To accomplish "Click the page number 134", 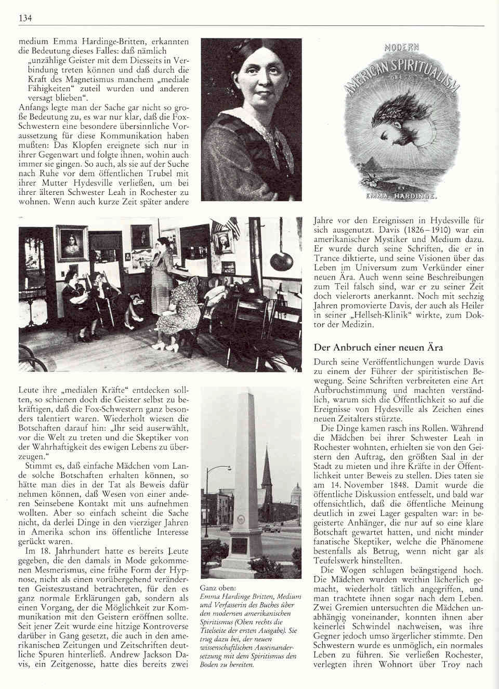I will click(26, 19).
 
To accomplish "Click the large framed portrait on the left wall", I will click(72, 243).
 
